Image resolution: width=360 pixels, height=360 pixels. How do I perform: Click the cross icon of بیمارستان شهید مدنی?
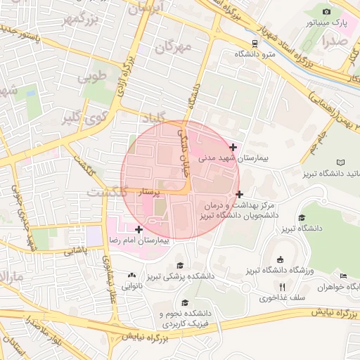click(233, 146)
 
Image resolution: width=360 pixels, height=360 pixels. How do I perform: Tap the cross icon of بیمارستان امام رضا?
click(139, 229)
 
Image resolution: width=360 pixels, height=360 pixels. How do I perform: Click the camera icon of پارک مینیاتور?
click(326, 11)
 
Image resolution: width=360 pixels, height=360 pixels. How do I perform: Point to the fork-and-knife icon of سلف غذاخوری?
click(283, 286)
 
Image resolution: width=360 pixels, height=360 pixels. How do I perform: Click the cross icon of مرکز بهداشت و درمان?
click(240, 193)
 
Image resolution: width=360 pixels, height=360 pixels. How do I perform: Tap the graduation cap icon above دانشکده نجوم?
click(185, 302)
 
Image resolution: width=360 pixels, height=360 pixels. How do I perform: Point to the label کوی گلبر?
click(83, 115)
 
